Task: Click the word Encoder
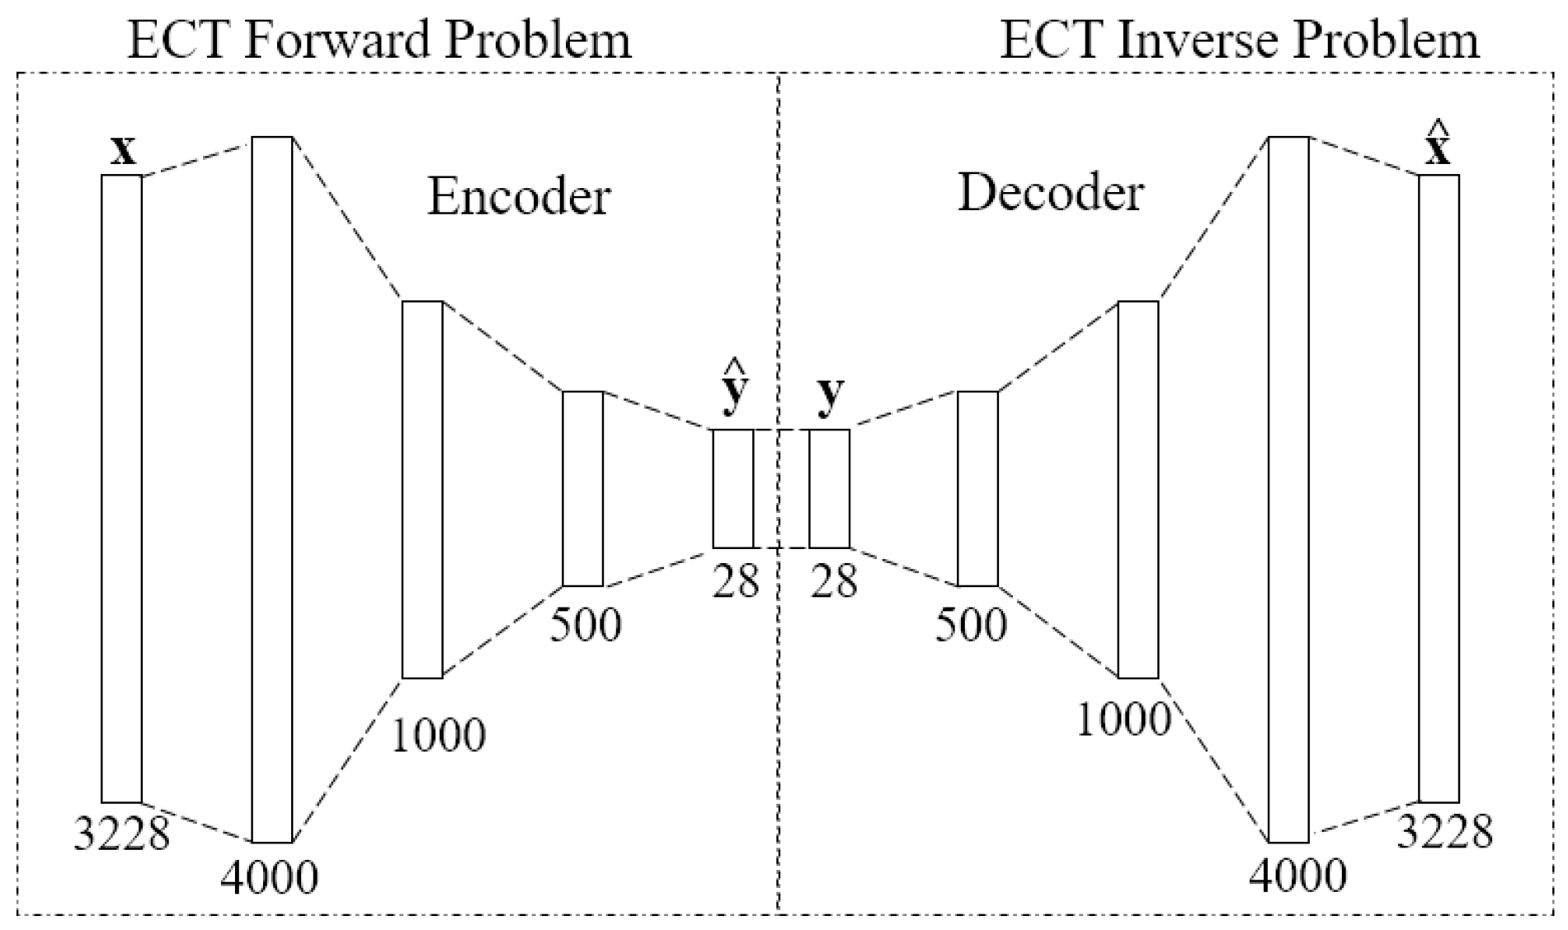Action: pyautogui.click(x=519, y=197)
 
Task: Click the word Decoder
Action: pyautogui.click(x=1050, y=194)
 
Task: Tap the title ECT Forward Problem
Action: pyautogui.click(x=379, y=40)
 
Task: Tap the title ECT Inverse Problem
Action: pyautogui.click(x=1239, y=40)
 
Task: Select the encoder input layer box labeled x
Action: pyautogui.click(x=121, y=488)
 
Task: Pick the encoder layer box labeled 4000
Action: pyautogui.click(x=272, y=490)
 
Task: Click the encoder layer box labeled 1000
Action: pyautogui.click(x=422, y=490)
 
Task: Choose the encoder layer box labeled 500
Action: pyautogui.click(x=582, y=489)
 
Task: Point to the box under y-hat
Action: pyautogui.click(x=733, y=488)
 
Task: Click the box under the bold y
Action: pyautogui.click(x=829, y=488)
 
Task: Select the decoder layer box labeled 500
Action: pyautogui.click(x=977, y=489)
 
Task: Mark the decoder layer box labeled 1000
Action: pyautogui.click(x=1138, y=490)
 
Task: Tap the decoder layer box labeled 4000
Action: pyautogui.click(x=1288, y=490)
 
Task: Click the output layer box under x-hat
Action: pyautogui.click(x=1439, y=488)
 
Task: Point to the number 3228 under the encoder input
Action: pyautogui.click(x=121, y=834)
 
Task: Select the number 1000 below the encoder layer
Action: pyautogui.click(x=437, y=735)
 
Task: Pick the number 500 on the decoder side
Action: pyautogui.click(x=970, y=625)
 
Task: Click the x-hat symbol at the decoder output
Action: pyautogui.click(x=1438, y=149)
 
